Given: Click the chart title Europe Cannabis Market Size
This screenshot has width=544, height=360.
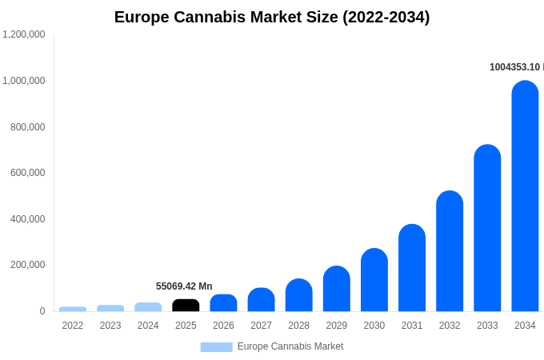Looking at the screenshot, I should tap(272, 17).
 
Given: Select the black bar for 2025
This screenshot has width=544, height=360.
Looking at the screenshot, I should tap(186, 306).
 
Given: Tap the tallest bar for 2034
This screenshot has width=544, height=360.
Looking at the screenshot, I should tap(525, 196).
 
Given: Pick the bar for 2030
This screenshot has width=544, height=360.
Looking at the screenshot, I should tap(374, 280).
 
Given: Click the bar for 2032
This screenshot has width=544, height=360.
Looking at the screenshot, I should tap(450, 251).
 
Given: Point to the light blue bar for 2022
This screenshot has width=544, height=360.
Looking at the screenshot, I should tap(73, 309).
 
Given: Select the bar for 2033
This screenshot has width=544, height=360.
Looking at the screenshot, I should tap(487, 228).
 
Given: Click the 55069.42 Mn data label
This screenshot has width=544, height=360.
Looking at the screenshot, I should tap(184, 286).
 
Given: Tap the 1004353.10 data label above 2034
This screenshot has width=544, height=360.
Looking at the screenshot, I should tap(516, 67).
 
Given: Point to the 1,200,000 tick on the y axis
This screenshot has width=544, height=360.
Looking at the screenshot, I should tap(24, 34).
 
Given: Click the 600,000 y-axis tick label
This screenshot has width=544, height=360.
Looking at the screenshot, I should tap(28, 173).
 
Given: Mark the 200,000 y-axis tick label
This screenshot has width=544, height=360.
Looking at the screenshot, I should tap(28, 265).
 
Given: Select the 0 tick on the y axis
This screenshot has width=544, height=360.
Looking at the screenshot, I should tap(42, 311).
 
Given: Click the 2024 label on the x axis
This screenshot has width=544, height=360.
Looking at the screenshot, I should tap(148, 326).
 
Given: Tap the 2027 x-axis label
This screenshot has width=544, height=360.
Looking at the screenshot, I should tap(261, 326).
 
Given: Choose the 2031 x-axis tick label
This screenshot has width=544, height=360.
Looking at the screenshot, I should tap(412, 326).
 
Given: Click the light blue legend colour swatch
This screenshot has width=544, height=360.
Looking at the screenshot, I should tap(216, 347).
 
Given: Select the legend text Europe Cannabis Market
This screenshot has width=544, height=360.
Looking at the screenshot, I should tap(290, 346).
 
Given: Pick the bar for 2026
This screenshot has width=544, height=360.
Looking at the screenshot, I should tap(223, 303).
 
